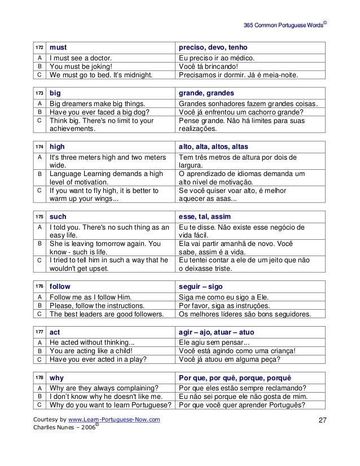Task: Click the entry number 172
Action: coord(39,47)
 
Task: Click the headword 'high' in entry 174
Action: coord(58,146)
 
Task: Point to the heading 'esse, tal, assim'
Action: coord(205,216)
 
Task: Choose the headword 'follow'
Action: coord(61,286)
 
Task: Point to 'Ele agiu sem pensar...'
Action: coord(214,342)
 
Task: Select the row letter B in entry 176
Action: coord(39,305)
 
